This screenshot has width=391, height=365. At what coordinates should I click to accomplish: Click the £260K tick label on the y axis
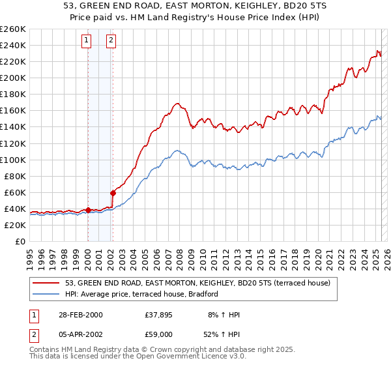(12, 29)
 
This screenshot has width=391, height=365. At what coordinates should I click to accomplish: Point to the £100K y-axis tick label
(12, 160)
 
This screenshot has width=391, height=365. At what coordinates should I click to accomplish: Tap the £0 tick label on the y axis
(20, 241)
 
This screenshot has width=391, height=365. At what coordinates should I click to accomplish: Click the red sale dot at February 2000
(88, 210)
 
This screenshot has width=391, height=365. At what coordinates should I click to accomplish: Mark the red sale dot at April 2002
(113, 193)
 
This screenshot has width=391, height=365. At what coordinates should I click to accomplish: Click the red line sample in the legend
(46, 283)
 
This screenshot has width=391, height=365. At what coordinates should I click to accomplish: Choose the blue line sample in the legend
(46, 295)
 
